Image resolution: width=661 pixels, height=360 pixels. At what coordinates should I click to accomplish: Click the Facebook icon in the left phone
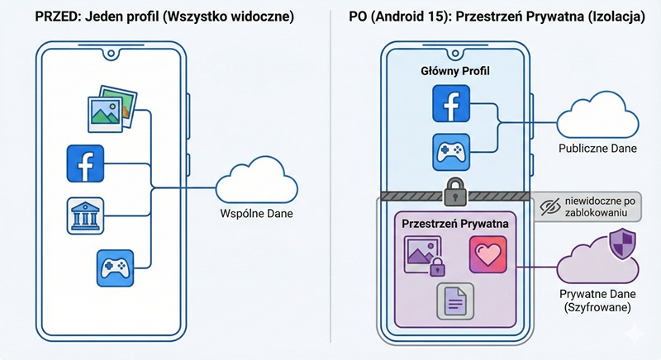84,163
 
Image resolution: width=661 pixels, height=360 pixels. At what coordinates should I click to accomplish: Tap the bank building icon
84,216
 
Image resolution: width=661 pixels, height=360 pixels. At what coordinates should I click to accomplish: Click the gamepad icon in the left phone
113,268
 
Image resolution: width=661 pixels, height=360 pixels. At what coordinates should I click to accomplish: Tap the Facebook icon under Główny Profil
451,106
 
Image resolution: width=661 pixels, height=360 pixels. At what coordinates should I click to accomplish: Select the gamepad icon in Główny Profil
451,153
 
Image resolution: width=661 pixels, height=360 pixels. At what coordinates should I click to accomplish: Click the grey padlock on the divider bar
455,192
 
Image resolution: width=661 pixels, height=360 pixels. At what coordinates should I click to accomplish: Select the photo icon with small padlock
423,255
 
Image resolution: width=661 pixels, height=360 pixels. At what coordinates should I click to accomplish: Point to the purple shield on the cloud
620,244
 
